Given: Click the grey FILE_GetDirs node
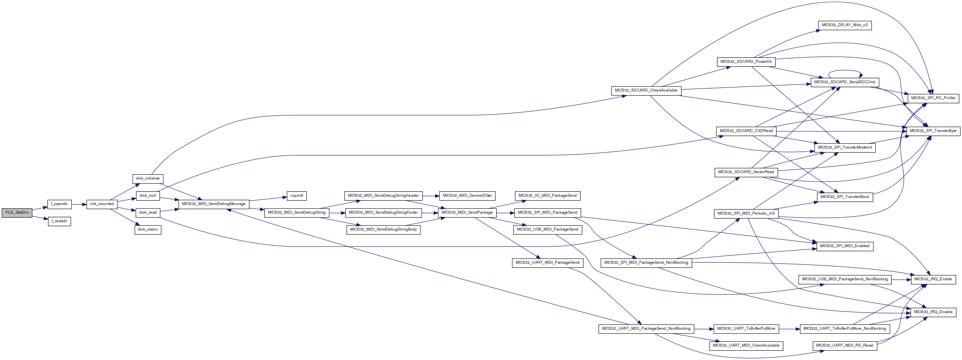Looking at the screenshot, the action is (17, 212).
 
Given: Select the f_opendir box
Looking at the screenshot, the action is (59, 204).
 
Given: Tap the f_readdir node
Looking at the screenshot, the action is (59, 221).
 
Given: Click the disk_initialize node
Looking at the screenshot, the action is (148, 179).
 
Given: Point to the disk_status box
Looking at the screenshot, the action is (148, 229).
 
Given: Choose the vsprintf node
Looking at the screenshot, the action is (297, 196).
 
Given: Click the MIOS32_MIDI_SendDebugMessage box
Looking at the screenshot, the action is (214, 204).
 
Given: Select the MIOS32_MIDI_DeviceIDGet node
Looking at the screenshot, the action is (467, 196).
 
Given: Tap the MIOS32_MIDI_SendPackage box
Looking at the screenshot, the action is (467, 212).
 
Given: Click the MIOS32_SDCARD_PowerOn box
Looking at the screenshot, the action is (746, 62).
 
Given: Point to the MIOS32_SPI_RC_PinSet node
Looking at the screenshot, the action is (933, 98).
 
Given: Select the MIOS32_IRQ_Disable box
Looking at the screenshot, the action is (933, 312).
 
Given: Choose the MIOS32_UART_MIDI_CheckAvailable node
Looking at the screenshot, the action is (746, 345).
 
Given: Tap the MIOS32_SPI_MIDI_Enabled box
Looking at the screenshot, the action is (845, 246).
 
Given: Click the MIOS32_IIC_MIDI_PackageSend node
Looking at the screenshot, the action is (547, 196).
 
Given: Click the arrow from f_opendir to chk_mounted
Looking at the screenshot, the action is (79, 204).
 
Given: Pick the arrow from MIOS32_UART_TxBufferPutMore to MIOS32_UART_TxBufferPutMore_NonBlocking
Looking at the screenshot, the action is (789, 329).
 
